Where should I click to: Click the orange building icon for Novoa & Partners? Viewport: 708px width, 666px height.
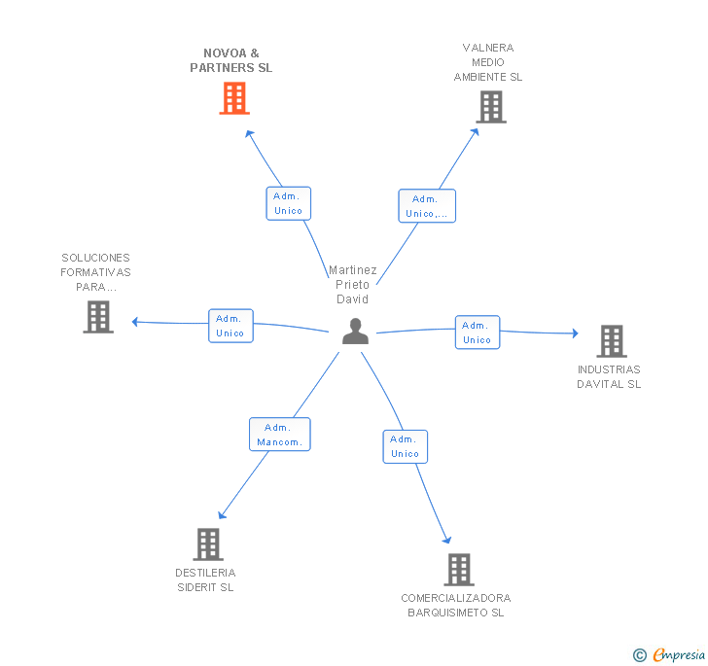tap(234, 98)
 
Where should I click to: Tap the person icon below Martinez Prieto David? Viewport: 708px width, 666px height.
tap(355, 331)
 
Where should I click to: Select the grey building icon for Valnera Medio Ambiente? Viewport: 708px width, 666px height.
tap(491, 107)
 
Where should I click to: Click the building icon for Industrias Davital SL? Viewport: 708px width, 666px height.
tap(612, 341)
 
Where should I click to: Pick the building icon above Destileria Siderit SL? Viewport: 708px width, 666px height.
tap(208, 544)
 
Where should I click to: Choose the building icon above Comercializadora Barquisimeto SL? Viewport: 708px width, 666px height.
tap(459, 570)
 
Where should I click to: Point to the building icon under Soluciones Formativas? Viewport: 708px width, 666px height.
tap(98, 317)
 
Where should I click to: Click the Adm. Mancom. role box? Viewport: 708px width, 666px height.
tap(280, 435)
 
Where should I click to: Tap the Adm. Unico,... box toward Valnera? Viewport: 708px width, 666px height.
tap(427, 206)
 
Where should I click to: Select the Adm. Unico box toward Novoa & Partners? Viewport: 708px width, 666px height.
tap(289, 203)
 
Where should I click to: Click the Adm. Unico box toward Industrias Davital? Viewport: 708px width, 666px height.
tap(478, 333)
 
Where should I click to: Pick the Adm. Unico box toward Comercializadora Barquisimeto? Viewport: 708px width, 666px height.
tap(406, 446)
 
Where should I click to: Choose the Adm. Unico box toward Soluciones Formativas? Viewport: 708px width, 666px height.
tap(230, 326)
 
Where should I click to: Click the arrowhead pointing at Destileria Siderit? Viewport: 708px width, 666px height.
tap(222, 515)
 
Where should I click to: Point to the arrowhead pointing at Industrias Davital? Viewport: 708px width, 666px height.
tap(576, 333)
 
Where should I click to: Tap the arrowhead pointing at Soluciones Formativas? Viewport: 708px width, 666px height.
tap(134, 322)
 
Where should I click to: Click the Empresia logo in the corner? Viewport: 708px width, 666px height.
tap(670, 654)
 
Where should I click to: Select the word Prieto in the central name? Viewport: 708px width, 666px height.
tap(353, 285)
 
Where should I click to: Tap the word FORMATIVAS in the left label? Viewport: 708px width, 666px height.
tap(95, 272)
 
